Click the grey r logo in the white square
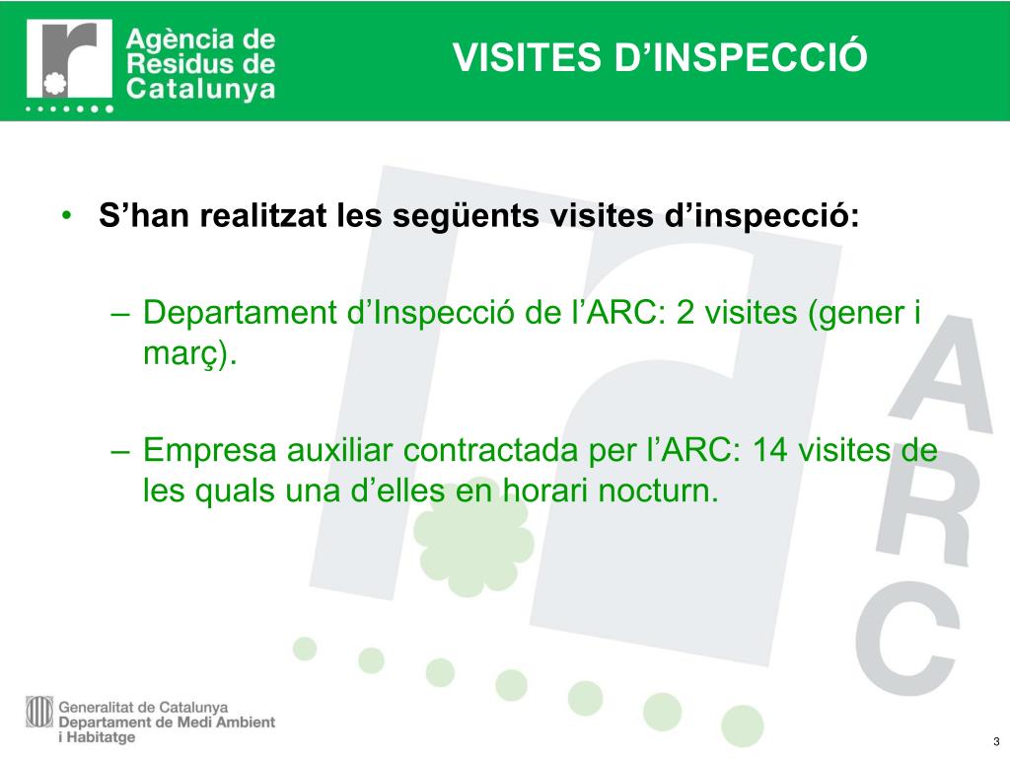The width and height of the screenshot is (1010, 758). coord(71,59)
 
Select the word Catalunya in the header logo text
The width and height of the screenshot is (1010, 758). coord(201,89)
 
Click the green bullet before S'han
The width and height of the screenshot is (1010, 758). coord(67,215)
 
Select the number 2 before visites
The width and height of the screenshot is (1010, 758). coord(685,313)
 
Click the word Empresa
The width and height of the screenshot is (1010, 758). coord(210,451)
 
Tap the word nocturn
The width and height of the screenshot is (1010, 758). coord(658,492)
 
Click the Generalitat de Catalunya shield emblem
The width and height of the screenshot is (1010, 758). coord(39,712)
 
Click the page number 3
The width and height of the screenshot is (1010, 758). coord(996,742)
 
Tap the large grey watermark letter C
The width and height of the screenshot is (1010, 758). coord(906,639)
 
